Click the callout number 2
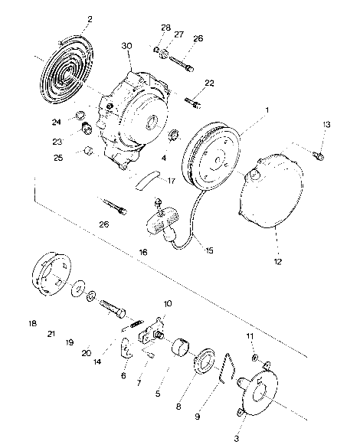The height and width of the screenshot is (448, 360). (90, 18)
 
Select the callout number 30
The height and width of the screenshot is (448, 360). (126, 46)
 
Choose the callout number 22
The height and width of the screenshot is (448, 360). (209, 83)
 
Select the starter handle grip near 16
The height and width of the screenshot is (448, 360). (162, 227)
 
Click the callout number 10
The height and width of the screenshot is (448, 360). (168, 303)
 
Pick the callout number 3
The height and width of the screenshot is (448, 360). (237, 439)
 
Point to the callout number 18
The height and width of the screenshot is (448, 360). (32, 324)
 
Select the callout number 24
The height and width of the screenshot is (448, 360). (78, 122)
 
